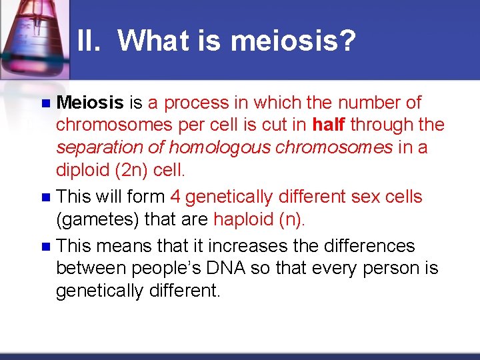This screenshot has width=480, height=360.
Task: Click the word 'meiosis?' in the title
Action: (293, 41)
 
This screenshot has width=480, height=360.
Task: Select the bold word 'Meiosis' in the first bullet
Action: (90, 103)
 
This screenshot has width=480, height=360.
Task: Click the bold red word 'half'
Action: (329, 125)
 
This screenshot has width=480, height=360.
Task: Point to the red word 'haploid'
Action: (241, 220)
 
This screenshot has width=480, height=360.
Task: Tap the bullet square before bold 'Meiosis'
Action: (45, 103)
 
